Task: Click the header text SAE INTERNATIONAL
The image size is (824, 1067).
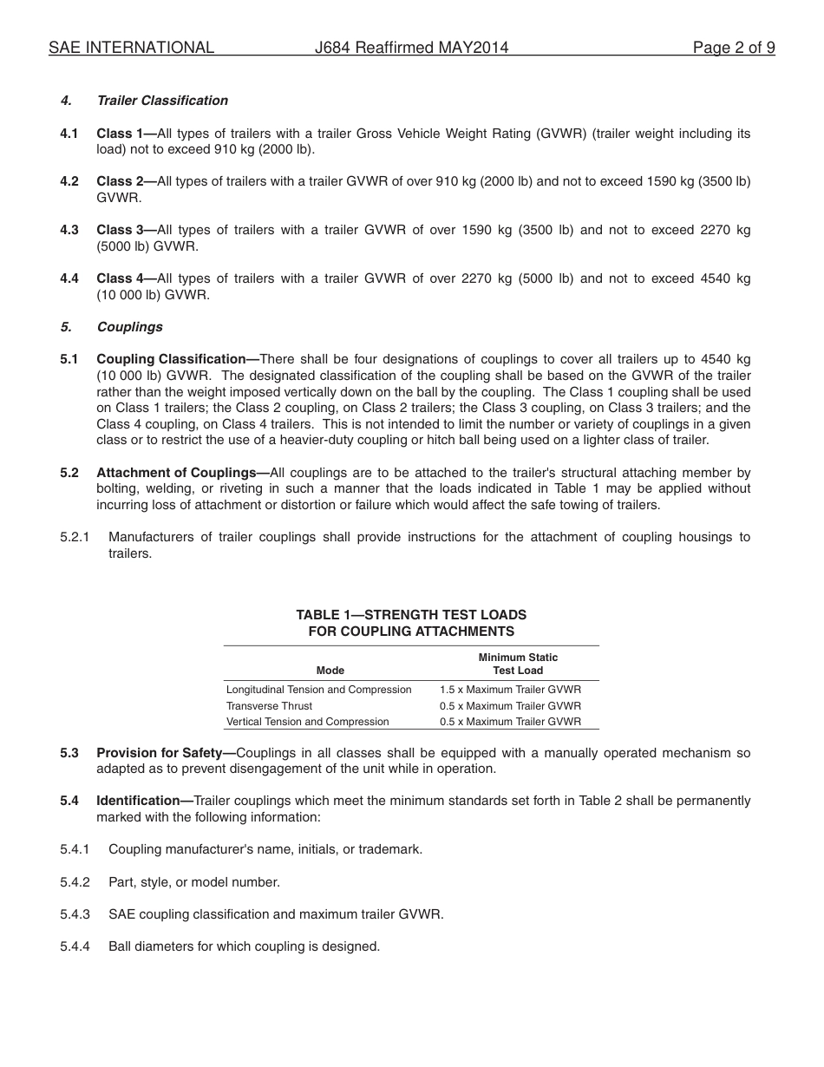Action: pos(131,49)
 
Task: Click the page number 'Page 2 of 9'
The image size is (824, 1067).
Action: pos(733,49)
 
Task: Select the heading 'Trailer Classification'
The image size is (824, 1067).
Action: pos(162,101)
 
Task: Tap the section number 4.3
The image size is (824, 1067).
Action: pos(69,230)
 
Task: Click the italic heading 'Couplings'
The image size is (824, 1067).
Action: pos(130,327)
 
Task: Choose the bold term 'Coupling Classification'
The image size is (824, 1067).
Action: pos(172,359)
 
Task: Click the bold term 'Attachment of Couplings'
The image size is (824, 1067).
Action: pos(177,473)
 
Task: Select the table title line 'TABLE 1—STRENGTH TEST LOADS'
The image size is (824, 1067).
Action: pos(411,615)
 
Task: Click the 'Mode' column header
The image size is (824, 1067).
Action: pos(330,671)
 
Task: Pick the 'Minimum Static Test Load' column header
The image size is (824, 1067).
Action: pos(518,664)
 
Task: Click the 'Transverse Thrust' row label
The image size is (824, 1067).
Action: pos(269,706)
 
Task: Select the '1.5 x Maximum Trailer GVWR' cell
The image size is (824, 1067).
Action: pos(510,690)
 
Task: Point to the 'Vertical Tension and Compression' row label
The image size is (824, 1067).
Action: pos(307,722)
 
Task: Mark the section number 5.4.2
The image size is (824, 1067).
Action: pos(75,882)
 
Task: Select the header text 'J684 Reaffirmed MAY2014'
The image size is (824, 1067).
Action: pos(411,49)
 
